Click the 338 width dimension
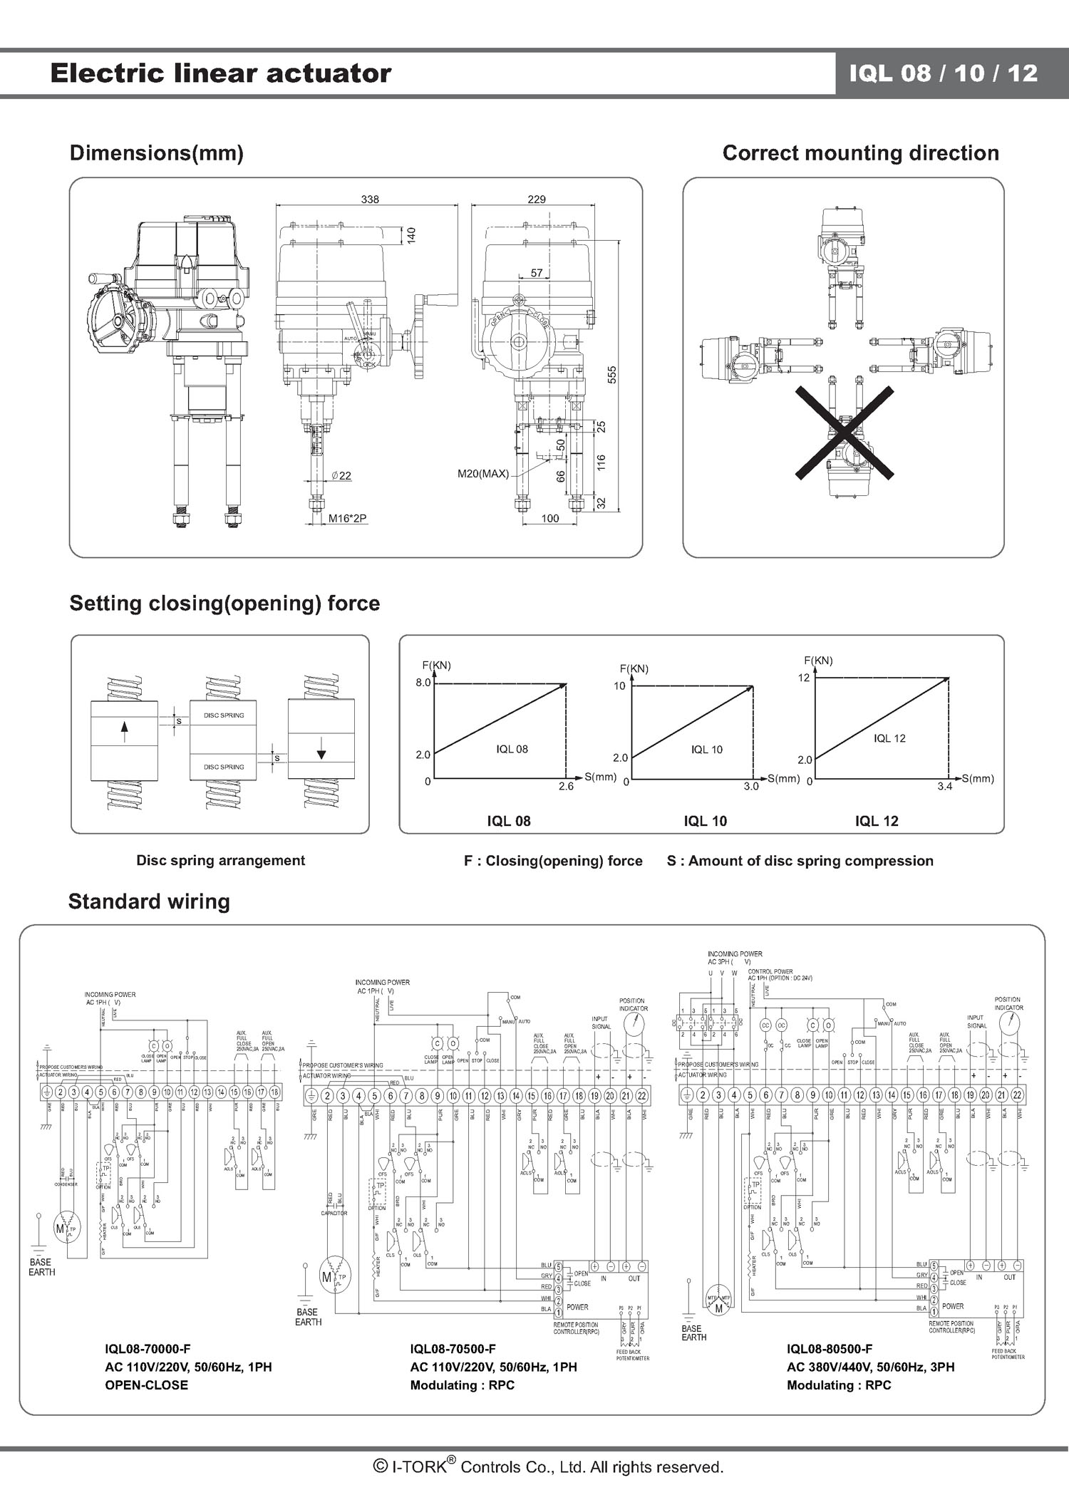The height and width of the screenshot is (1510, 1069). pyautogui.click(x=370, y=200)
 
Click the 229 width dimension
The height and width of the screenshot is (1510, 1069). pyautogui.click(x=537, y=200)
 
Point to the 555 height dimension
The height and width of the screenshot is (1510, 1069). pyautogui.click(x=611, y=375)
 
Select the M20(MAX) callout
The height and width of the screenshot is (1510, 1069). pyautogui.click(x=483, y=474)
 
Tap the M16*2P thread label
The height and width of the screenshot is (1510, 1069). pyautogui.click(x=347, y=519)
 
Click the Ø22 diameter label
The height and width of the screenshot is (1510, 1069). pyautogui.click(x=341, y=476)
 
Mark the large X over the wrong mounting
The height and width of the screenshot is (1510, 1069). pyautogui.click(x=845, y=432)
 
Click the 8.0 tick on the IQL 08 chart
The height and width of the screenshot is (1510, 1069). pyautogui.click(x=423, y=683)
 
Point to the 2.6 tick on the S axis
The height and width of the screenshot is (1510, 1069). pyautogui.click(x=565, y=787)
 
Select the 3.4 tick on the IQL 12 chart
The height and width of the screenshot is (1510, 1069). pyautogui.click(x=945, y=787)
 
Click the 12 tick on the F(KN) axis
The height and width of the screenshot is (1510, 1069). pyautogui.click(x=804, y=678)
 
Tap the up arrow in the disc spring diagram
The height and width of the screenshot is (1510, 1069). pyautogui.click(x=125, y=731)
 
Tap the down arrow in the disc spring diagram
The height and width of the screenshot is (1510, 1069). pyautogui.click(x=321, y=752)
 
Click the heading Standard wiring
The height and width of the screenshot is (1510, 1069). pyautogui.click(x=149, y=901)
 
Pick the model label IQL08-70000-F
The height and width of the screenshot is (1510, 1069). pyautogui.click(x=148, y=1349)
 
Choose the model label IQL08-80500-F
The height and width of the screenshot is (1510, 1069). pyautogui.click(x=830, y=1349)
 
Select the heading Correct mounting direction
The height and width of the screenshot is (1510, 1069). pyautogui.click(x=860, y=153)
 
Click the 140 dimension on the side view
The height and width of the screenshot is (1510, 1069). pyautogui.click(x=411, y=235)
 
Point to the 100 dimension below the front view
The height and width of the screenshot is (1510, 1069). pyautogui.click(x=550, y=519)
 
